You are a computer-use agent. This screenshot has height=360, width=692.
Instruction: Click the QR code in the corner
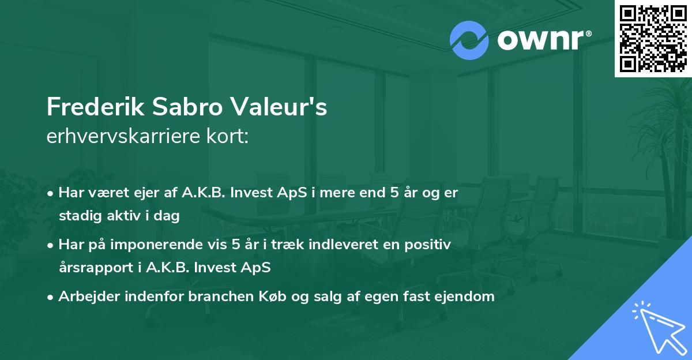653,38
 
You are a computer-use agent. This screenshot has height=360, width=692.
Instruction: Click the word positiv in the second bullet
431,245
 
